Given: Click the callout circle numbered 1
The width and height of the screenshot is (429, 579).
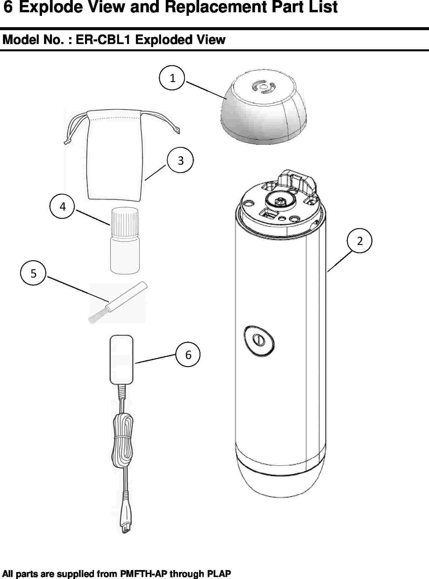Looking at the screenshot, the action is (x=172, y=78).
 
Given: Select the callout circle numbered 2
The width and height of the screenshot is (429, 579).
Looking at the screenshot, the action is (x=360, y=240).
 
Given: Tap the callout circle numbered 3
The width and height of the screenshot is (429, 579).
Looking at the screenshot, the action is (x=180, y=160).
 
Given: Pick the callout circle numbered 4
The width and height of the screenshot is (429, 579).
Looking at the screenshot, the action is (x=62, y=206).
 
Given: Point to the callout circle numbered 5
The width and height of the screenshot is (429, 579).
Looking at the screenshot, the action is (x=33, y=273).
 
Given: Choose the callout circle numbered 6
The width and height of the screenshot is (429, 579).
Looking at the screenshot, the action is (x=188, y=355).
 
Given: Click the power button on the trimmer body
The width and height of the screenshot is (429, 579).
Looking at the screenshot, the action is (x=259, y=340).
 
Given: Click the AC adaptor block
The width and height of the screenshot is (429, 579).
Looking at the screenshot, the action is (x=121, y=359).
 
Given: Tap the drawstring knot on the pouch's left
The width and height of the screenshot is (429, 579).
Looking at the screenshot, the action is (x=67, y=141).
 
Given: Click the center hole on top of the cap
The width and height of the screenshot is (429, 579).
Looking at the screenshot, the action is (x=263, y=87).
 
